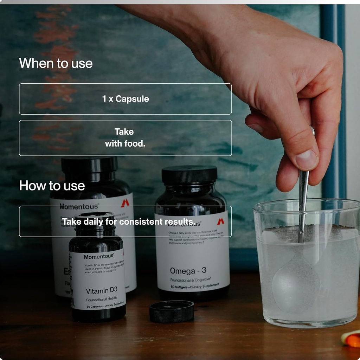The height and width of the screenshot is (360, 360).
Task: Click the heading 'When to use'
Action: pyautogui.click(x=56, y=63)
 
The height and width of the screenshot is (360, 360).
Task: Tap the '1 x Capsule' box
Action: pyautogui.click(x=125, y=99)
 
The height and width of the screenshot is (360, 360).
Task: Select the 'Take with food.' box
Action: pyautogui.click(x=125, y=138)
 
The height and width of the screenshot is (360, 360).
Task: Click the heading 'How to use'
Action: pyautogui.click(x=52, y=186)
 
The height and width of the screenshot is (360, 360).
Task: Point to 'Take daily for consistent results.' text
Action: pyautogui.click(x=128, y=222)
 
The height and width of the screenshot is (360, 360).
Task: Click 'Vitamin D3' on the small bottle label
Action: pyautogui.click(x=102, y=290)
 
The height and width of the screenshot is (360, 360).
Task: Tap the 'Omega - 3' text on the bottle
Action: pyautogui.click(x=188, y=271)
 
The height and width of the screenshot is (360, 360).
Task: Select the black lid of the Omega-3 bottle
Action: pyautogui.click(x=189, y=175)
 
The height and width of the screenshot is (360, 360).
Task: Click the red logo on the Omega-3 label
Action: pyautogui.click(x=220, y=221)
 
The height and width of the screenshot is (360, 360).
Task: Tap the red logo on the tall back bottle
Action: pyautogui.click(x=125, y=203)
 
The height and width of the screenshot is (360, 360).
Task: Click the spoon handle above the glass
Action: pyautogui.click(x=303, y=197)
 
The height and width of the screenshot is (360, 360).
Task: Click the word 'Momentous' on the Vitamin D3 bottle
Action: pyautogui.click(x=98, y=257)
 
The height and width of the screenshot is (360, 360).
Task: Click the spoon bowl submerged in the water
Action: pyautogui.click(x=296, y=281)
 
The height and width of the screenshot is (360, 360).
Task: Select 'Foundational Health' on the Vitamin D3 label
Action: pyautogui.click(x=102, y=299)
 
